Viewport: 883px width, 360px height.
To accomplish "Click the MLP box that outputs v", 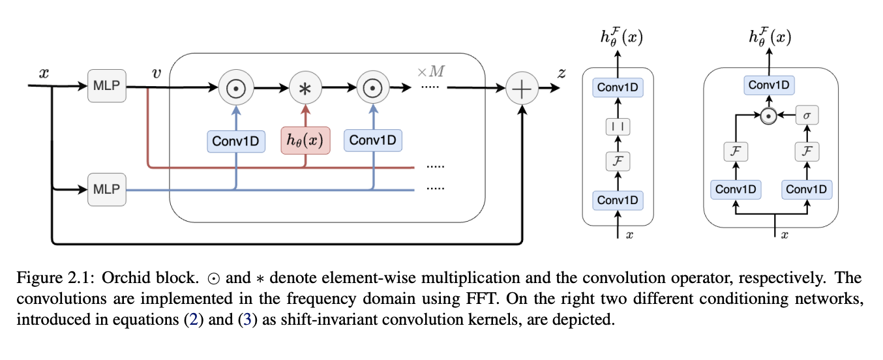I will pyautogui.click(x=106, y=88).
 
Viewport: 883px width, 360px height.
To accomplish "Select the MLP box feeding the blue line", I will pyautogui.click(x=106, y=190).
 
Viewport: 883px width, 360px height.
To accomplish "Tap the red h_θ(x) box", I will pyautogui.click(x=305, y=141).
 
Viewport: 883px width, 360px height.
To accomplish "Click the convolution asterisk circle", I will pyautogui.click(x=305, y=88).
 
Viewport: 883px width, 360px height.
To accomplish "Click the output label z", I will pyautogui.click(x=561, y=73).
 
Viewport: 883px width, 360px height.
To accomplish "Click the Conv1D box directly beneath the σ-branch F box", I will pyautogui.click(x=806, y=189).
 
